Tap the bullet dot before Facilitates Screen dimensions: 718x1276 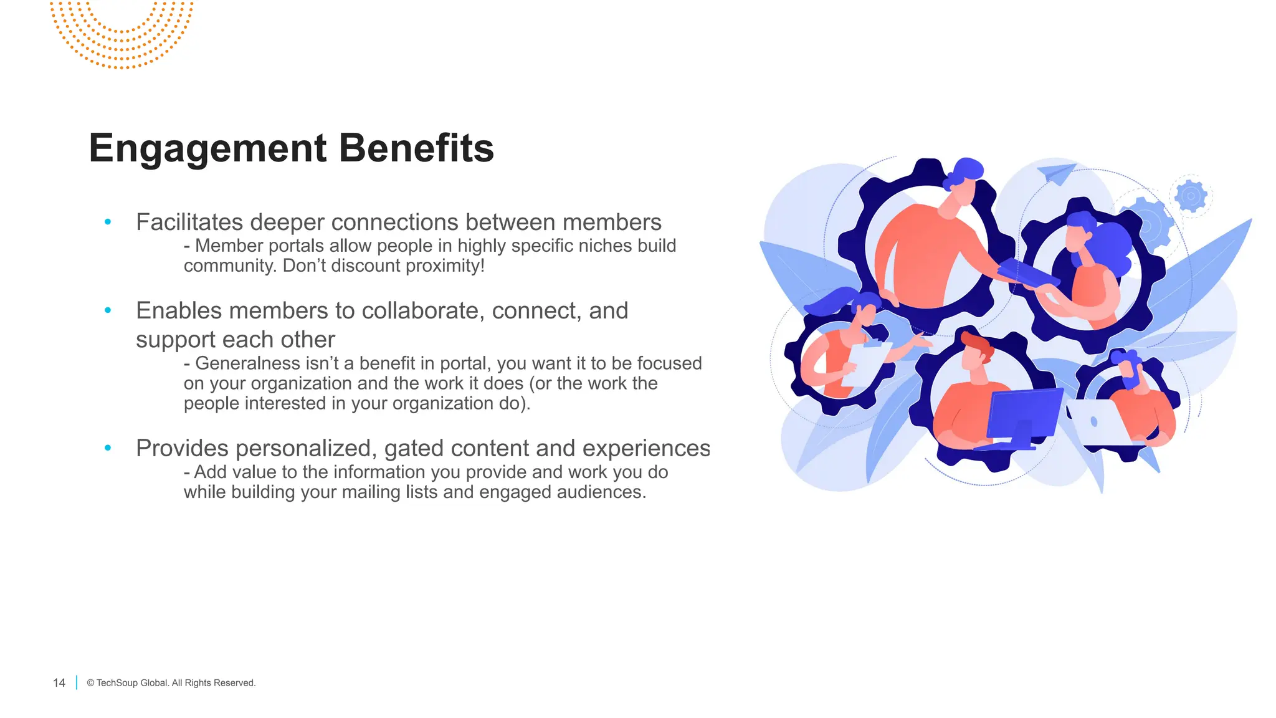tap(108, 221)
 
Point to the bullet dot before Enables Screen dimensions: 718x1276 tap(108, 310)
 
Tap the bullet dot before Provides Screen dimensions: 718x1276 tap(108, 448)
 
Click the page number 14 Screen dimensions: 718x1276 tap(59, 683)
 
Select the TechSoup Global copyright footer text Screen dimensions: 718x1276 tap(171, 683)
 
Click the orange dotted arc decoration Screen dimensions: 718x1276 tap(122, 37)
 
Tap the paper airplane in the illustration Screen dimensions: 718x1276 tap(1057, 173)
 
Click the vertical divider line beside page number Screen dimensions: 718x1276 tap(77, 682)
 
